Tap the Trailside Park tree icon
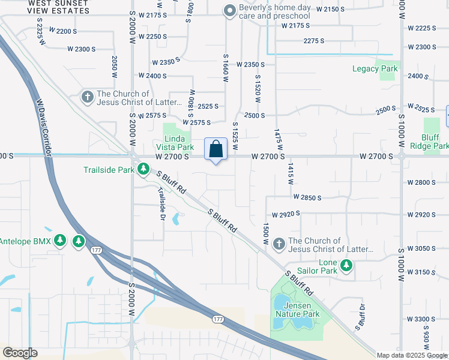click(x=143, y=170)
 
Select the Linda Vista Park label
click(x=175, y=143)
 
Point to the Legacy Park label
click(x=375, y=69)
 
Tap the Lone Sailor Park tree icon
click(x=346, y=265)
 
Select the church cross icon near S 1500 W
click(x=279, y=244)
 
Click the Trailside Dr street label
click(x=161, y=204)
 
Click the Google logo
click(x=20, y=353)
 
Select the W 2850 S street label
click(x=307, y=197)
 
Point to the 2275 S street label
click(x=313, y=41)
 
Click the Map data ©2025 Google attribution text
click(x=412, y=355)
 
